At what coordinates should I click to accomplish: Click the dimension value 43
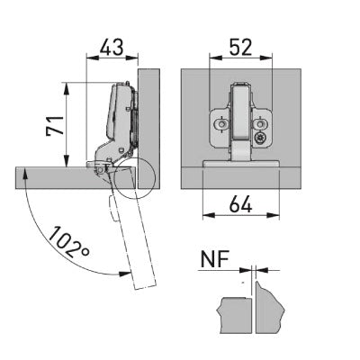pos(112,48)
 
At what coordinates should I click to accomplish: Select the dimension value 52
pos(241,48)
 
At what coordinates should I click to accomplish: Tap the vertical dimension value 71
pos(56,125)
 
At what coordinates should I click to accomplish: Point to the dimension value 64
pos(241,205)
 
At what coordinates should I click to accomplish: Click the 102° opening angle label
pos(68,243)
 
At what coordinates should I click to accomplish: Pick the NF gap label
pos(215,259)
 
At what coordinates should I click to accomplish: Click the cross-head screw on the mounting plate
pos(259,139)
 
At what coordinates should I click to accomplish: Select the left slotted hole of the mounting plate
pos(222,123)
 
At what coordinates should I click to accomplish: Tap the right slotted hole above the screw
pos(260,123)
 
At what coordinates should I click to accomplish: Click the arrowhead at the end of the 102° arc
pos(125,274)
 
